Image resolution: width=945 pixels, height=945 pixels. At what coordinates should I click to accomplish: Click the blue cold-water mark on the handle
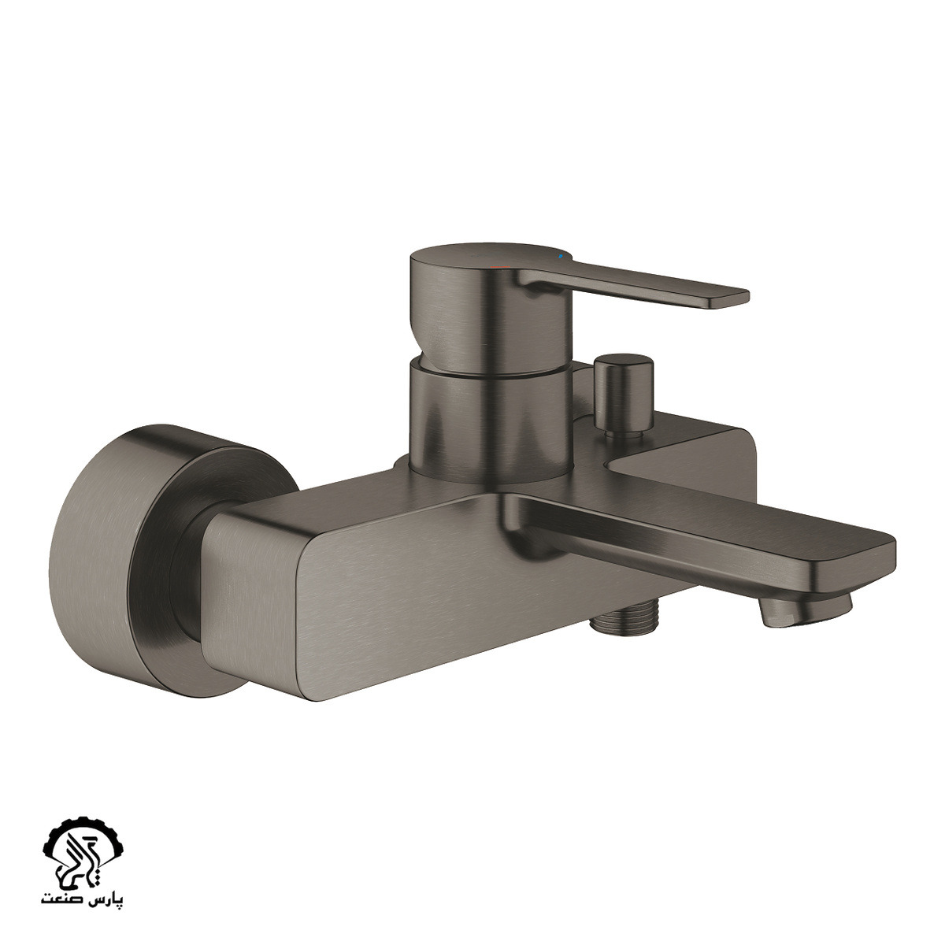click(x=560, y=257)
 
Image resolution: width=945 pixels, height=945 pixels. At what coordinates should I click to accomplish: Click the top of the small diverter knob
click(x=623, y=359)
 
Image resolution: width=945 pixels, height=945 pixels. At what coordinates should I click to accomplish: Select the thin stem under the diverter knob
click(x=623, y=432)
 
